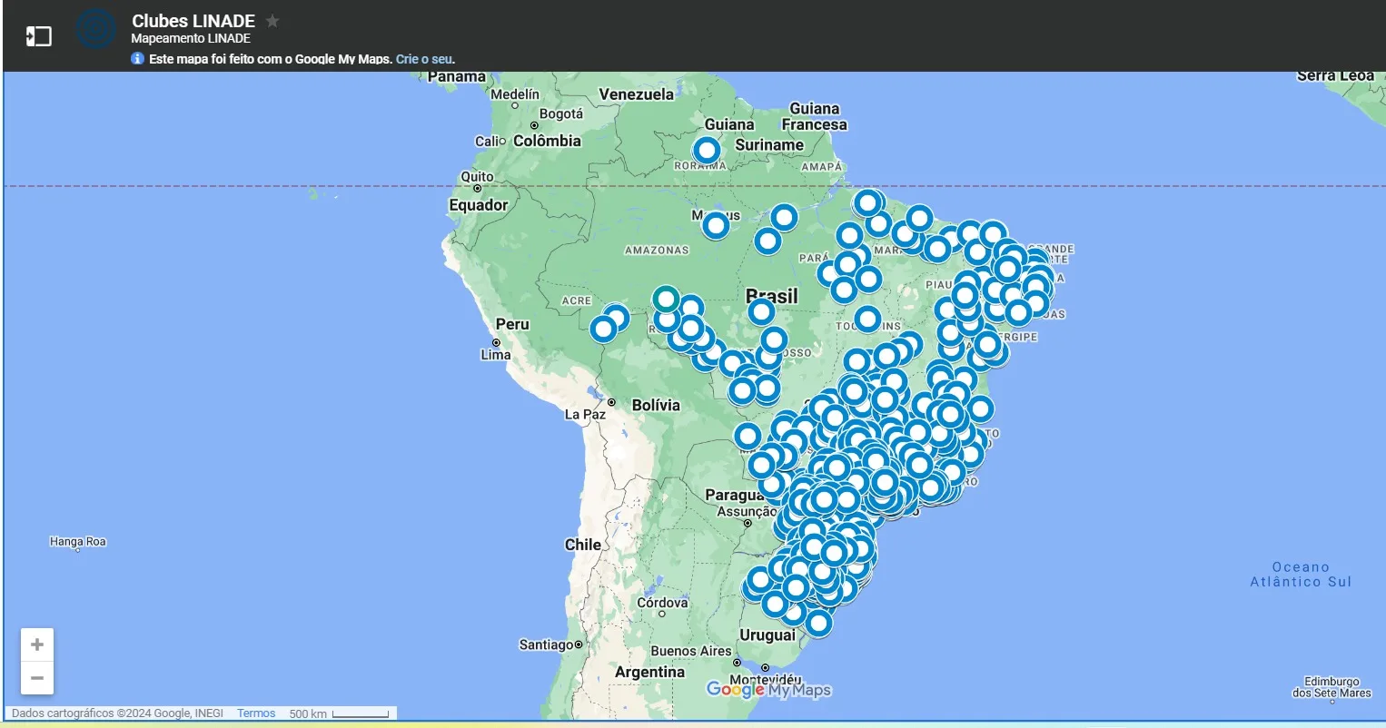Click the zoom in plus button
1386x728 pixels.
coord(37,644)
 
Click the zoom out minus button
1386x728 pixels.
coord(37,678)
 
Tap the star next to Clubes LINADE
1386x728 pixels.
coord(272,21)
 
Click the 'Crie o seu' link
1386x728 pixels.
coord(423,59)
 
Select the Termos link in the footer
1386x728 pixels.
coord(256,713)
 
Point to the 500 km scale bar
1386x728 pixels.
coord(360,714)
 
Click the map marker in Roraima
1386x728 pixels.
coord(707,150)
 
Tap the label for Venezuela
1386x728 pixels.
coord(636,94)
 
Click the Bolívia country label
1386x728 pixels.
coord(655,405)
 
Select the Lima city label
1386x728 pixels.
coord(495,355)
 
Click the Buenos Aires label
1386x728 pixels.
coord(690,651)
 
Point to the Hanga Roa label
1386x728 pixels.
coord(77,542)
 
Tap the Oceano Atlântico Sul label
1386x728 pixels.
coord(1301,575)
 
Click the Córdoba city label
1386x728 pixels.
coord(662,603)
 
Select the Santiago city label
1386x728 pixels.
coord(546,644)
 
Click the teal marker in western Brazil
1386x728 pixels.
coord(666,299)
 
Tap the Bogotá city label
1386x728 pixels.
coord(560,114)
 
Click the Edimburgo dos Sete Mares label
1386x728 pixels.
coord(1332,687)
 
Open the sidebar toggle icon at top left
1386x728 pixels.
coord(38,36)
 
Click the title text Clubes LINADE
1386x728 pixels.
coord(193,21)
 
